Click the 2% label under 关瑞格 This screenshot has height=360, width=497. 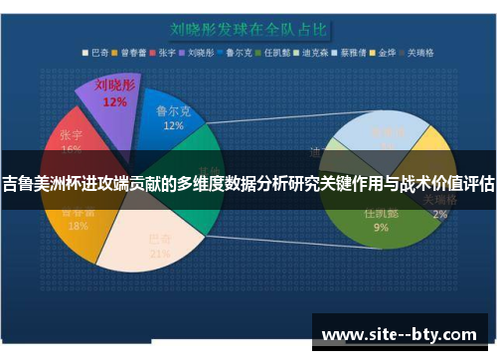(438, 214)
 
